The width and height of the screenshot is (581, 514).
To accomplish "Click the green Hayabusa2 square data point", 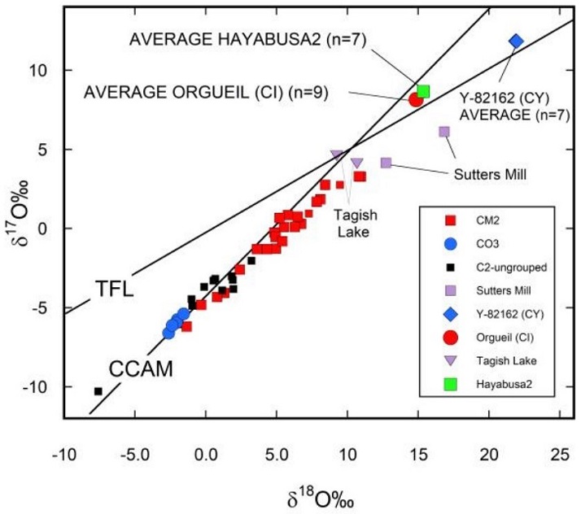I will pyautogui.click(x=423, y=91).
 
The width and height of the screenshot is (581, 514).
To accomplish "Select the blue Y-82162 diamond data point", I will pyautogui.click(x=516, y=41).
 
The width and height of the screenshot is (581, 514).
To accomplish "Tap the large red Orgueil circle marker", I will pyautogui.click(x=416, y=99).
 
